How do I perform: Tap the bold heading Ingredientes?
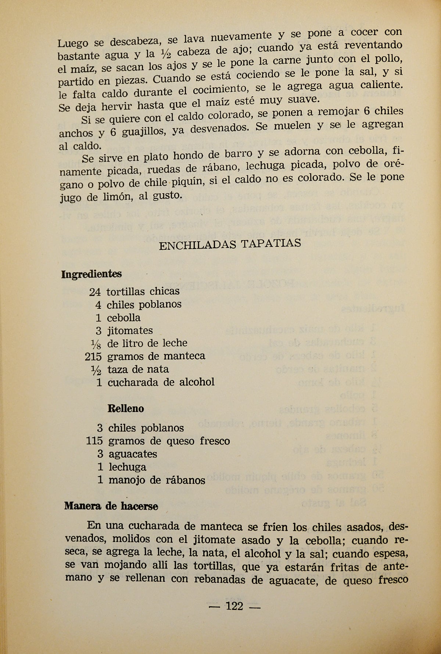(92, 274)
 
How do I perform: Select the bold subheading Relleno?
(126, 408)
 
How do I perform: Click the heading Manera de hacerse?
(111, 506)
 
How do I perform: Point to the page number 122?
(235, 606)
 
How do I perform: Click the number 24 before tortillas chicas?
(95, 292)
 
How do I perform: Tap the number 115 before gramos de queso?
(94, 441)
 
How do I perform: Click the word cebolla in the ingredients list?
(123, 318)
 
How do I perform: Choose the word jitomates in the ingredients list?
(130, 330)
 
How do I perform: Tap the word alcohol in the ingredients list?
(197, 382)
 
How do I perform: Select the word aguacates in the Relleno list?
(133, 454)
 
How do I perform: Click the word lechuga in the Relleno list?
(127, 467)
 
